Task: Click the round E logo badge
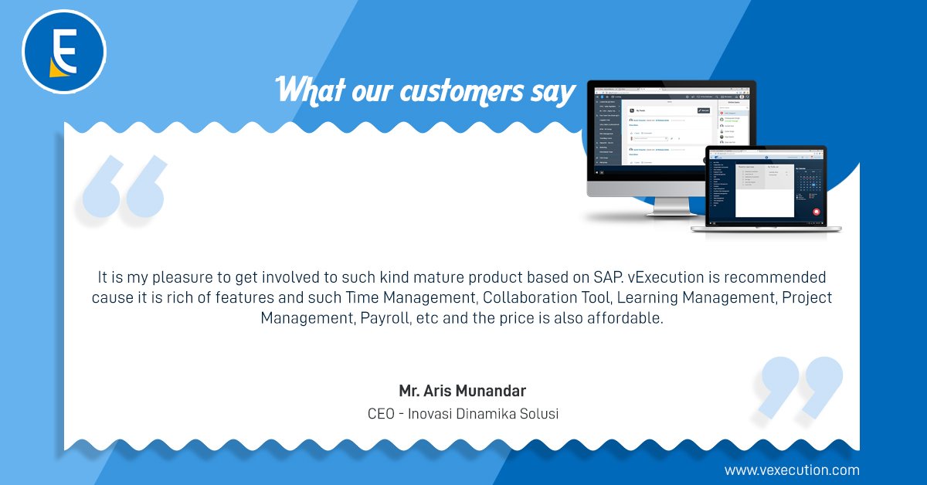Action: click(x=63, y=53)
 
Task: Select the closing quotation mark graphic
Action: click(x=801, y=386)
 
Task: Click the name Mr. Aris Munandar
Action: click(x=463, y=390)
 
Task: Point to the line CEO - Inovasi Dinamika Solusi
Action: click(x=463, y=414)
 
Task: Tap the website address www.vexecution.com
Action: click(x=791, y=470)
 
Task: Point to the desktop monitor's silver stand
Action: click(x=657, y=205)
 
